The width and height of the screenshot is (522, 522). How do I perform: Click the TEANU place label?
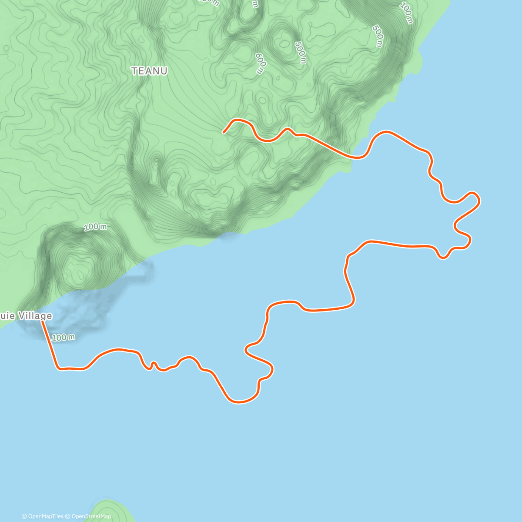pos(150,71)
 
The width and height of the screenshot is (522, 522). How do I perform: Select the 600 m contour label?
pos(260,64)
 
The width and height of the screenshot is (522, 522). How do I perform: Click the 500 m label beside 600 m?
pos(300,53)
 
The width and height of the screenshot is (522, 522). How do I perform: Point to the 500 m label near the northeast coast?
pos(378,36)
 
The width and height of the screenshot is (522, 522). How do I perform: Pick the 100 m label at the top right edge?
pos(406,13)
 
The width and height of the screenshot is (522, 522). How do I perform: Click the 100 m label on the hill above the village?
pos(95,227)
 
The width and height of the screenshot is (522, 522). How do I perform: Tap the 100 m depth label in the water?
pos(64,337)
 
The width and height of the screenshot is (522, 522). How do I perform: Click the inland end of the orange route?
pos(224,132)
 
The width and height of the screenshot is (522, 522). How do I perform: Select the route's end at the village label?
pos(42,321)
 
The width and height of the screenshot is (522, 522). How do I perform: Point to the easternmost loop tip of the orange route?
pos(478,200)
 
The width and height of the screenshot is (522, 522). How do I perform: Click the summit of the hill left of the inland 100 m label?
pos(78,271)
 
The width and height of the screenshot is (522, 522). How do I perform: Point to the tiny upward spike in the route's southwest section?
pos(153,362)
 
